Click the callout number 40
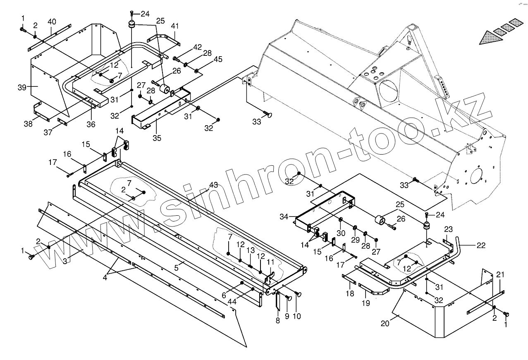click(52, 21)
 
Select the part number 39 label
click(22, 87)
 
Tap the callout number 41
click(175, 26)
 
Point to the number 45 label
click(218, 60)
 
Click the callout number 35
click(157, 138)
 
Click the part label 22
click(481, 245)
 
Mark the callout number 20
click(385, 324)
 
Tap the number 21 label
click(500, 275)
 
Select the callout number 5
click(176, 268)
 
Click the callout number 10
click(296, 317)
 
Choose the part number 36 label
click(91, 124)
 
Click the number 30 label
click(340, 233)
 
